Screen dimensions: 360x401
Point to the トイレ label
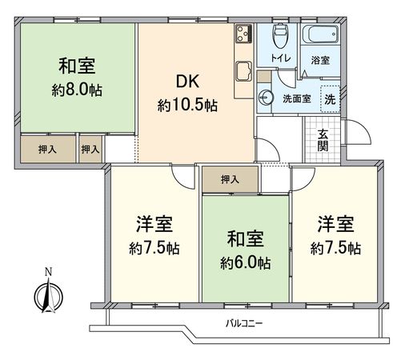tap(280, 58)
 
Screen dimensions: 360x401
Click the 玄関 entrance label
tap(322, 140)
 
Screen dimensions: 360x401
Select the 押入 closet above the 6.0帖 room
tap(230, 179)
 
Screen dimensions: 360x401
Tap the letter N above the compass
tap(47, 272)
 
